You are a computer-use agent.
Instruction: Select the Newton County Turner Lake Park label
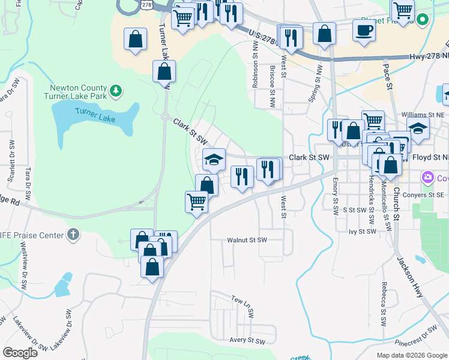[x=76, y=92]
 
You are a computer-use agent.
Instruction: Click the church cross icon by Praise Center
[x=73, y=235]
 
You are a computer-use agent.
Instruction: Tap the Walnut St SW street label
[x=246, y=240]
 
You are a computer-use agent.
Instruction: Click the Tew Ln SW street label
[x=243, y=305]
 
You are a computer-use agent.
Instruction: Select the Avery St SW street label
[x=247, y=341]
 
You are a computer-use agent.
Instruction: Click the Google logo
[x=20, y=353]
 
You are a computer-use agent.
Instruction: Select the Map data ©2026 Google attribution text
[x=411, y=355]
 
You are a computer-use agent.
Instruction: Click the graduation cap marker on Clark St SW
[x=213, y=160]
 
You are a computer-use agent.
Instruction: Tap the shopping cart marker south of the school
[x=196, y=202]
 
